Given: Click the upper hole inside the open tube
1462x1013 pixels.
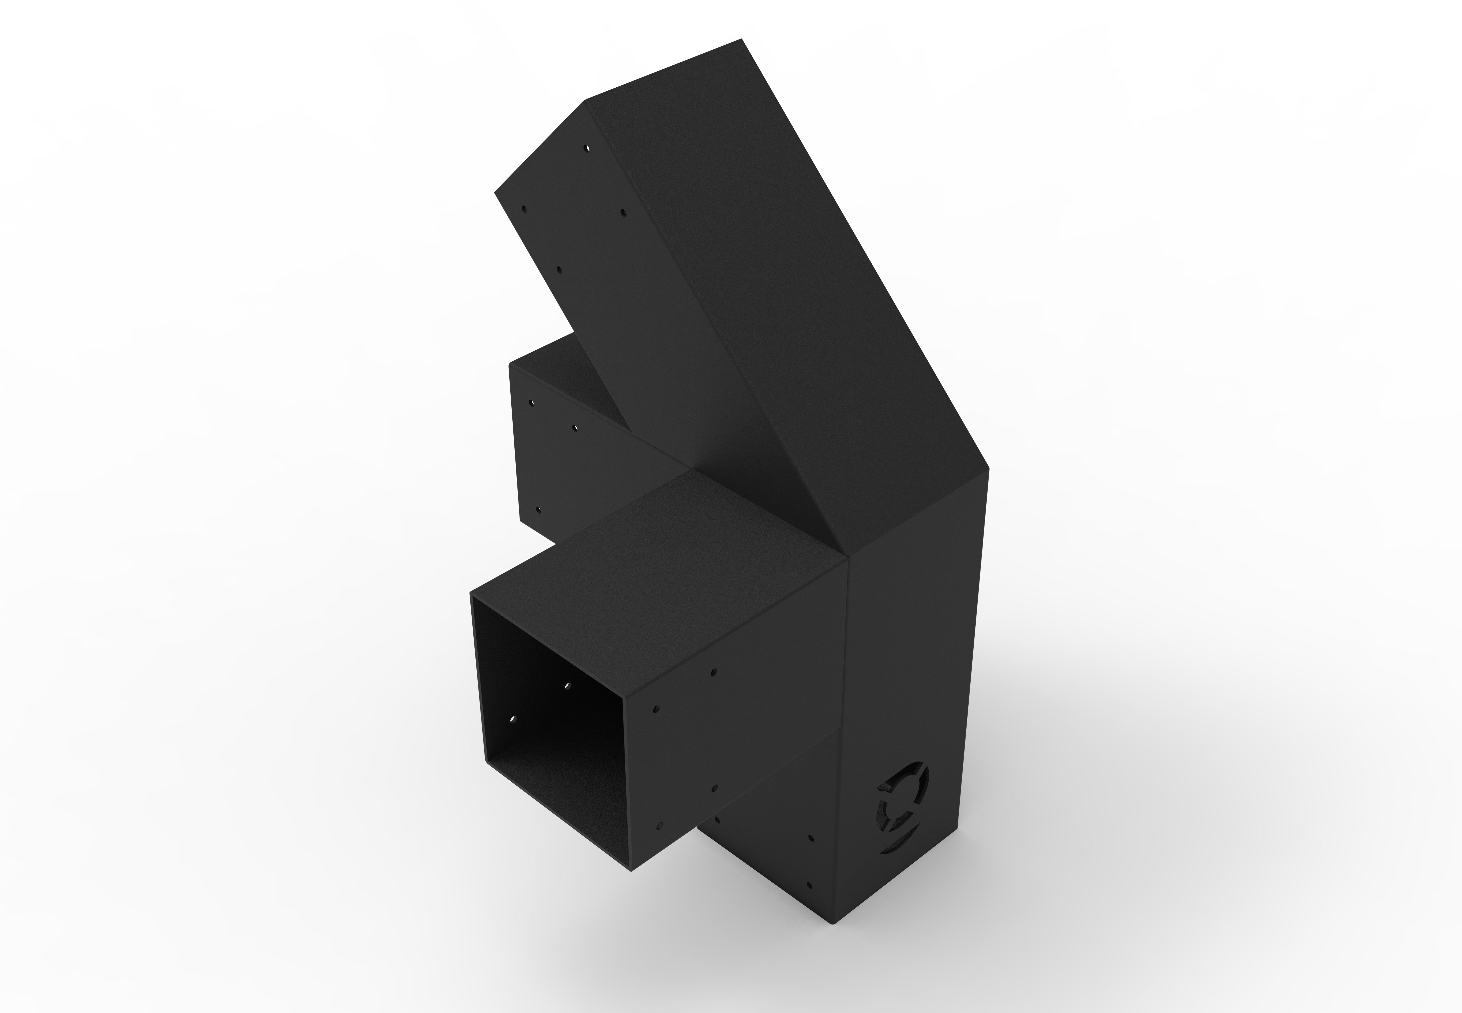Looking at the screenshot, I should coord(567,686).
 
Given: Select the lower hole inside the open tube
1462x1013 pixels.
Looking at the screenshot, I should coord(513,720).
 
